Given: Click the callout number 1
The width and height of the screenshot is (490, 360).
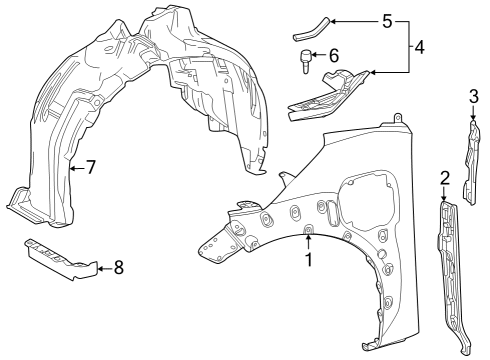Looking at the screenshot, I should (x=309, y=260).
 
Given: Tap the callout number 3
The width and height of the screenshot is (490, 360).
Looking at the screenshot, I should (x=474, y=96).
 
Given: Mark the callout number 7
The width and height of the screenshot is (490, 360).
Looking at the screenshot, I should (x=90, y=168).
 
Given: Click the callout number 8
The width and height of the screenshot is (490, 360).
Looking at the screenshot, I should (x=118, y=267).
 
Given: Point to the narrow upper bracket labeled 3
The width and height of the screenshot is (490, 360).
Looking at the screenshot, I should (x=470, y=145).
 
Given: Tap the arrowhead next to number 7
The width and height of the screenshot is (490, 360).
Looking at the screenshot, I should (x=71, y=168).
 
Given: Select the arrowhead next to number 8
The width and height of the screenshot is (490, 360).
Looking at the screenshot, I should (x=99, y=267).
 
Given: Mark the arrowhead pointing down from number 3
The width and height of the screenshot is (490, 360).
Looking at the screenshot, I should (x=473, y=117).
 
